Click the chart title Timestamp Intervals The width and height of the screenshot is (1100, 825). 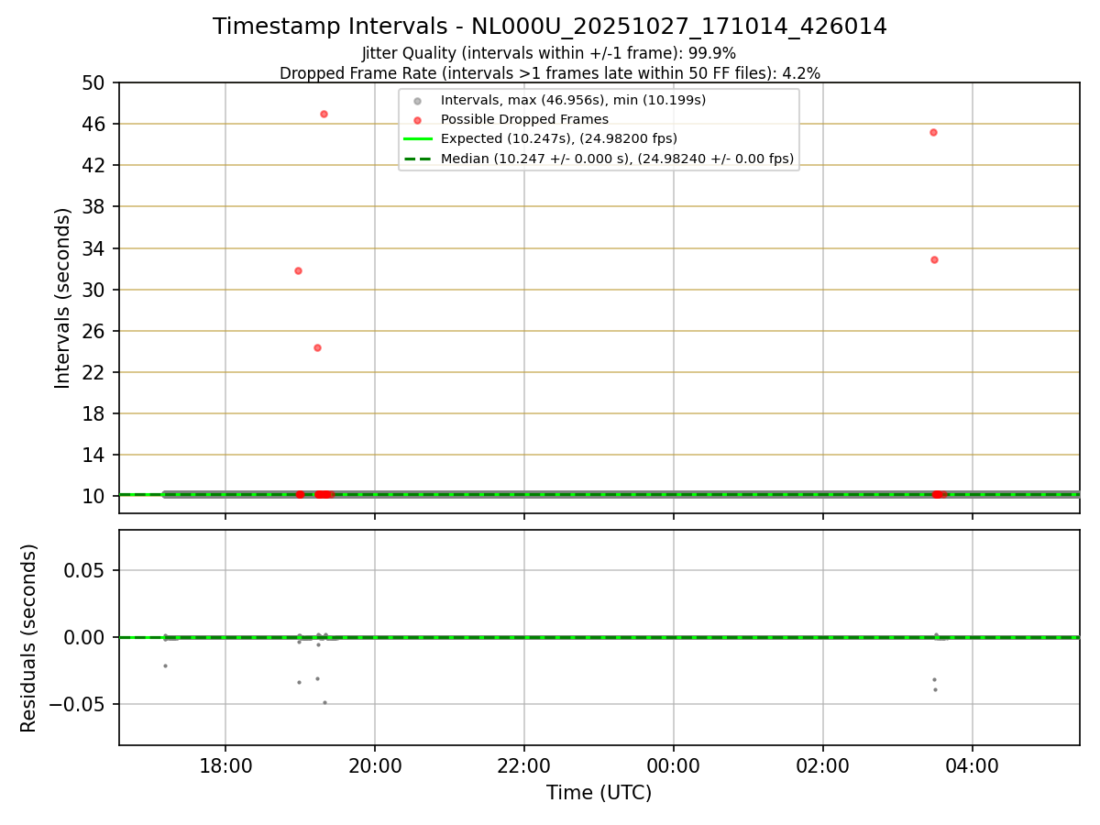coord(549,27)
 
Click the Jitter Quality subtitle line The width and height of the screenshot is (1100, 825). coord(549,53)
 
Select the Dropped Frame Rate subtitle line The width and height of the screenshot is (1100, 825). coord(549,72)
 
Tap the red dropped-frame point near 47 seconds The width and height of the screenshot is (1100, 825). coord(324,114)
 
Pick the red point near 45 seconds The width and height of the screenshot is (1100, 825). coord(933,132)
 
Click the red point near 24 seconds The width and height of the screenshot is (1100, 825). coord(317,347)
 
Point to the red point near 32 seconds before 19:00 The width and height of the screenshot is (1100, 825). coord(298,270)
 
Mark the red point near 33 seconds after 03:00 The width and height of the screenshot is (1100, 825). coord(934,259)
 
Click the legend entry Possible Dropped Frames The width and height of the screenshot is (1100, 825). coord(524,120)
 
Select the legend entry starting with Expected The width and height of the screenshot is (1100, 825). coord(558,139)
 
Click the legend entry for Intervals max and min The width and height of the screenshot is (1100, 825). coord(573,101)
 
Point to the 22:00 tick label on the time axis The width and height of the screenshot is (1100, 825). coord(524,766)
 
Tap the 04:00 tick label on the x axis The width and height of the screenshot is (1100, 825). coord(973,766)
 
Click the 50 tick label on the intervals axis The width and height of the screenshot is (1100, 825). coord(94,82)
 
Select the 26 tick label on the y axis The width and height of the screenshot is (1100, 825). coord(94,331)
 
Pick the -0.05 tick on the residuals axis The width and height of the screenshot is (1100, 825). coord(80,704)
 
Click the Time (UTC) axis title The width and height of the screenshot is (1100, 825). coord(599,793)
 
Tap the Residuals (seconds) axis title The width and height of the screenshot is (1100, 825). coord(29,638)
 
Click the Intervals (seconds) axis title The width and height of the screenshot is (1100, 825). coord(62,298)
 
